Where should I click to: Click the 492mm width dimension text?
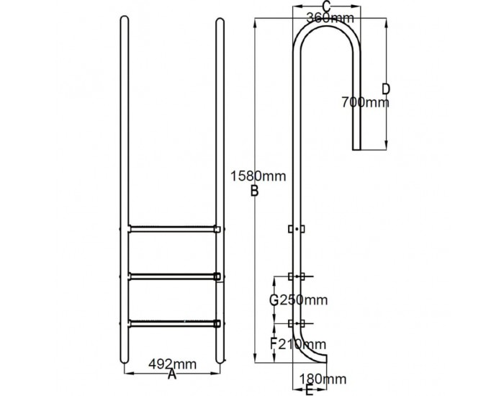coord(172,364)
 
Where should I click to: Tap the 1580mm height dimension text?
coord(258,176)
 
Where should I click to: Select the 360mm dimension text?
coord(330,18)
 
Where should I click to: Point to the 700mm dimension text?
coord(365,102)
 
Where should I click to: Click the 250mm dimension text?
coord(303,300)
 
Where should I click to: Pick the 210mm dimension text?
coord(302,345)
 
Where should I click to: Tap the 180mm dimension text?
coord(323,379)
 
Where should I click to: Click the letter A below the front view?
coord(172,374)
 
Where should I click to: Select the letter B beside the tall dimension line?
coord(254,191)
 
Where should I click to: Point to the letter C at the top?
coord(326,6)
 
